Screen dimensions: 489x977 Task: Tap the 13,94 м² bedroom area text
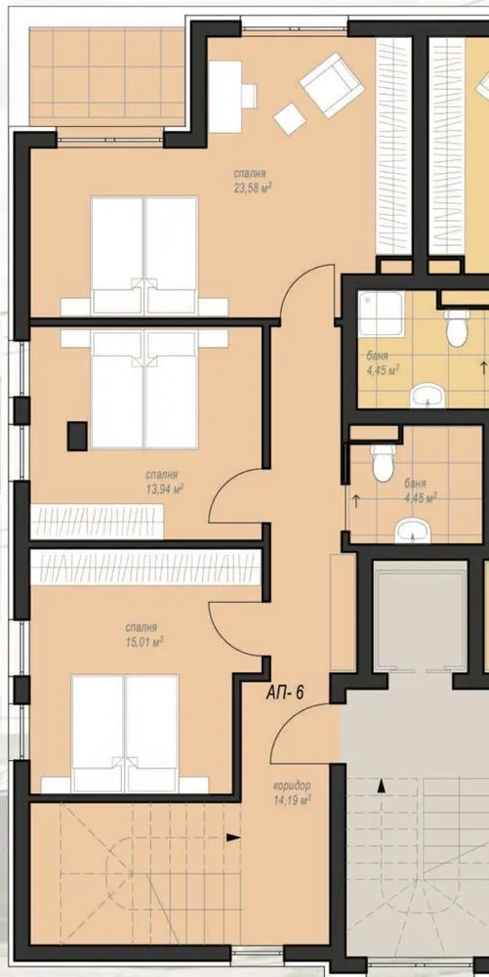tap(165, 489)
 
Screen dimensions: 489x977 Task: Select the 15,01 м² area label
tap(144, 642)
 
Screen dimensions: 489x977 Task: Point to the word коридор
tap(291, 786)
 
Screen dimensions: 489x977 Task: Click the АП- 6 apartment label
tap(285, 693)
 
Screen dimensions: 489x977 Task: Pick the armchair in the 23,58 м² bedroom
tap(332, 84)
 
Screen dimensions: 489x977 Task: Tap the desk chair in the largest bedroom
tap(249, 96)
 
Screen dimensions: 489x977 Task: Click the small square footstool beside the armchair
tap(290, 118)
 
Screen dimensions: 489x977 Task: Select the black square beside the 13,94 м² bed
tap(77, 436)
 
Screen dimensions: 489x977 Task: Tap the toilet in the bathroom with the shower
tap(457, 326)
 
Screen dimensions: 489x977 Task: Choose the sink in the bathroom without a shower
tap(413, 531)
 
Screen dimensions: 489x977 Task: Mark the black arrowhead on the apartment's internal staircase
tap(233, 837)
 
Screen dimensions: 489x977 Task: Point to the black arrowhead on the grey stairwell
tap(380, 786)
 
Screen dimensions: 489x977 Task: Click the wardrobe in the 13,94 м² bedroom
tap(97, 522)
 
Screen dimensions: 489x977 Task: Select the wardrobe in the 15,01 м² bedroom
tap(145, 567)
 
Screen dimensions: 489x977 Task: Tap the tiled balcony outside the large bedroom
tap(107, 76)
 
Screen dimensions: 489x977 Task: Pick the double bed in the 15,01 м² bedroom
tap(125, 734)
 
